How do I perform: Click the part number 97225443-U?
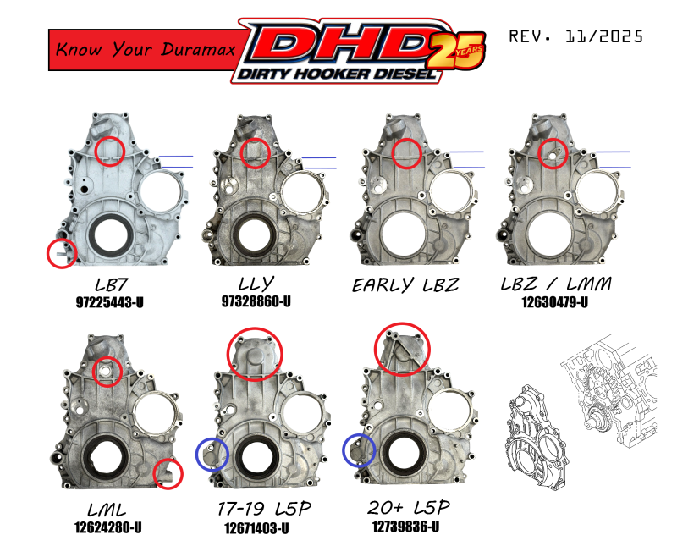tap(110, 302)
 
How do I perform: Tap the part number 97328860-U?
tap(256, 301)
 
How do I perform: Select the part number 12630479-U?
tap(555, 302)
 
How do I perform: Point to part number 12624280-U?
tap(108, 527)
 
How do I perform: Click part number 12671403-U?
tap(256, 527)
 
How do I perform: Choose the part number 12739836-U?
tap(406, 527)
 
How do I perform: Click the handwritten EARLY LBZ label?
tap(405, 285)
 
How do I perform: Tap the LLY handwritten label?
tap(256, 284)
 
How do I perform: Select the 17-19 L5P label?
tap(264, 508)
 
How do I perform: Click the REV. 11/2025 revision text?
tap(576, 36)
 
